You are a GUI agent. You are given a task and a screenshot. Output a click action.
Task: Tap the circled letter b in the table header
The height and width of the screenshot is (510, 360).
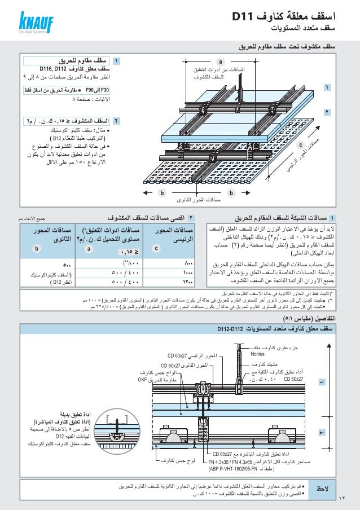(37, 247)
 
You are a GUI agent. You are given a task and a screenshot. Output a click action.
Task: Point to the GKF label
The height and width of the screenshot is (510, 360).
(146, 380)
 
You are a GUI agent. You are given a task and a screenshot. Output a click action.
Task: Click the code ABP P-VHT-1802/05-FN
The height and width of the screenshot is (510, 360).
(240, 468)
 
